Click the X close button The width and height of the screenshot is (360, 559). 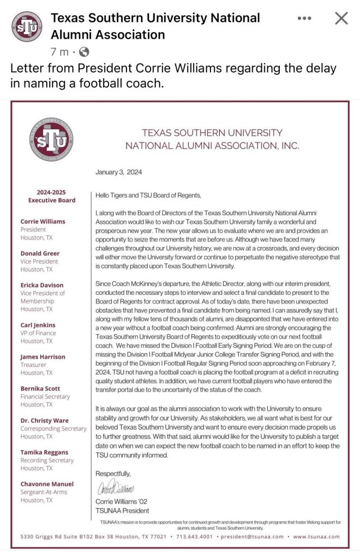click(341, 19)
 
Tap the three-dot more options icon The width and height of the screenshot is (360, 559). click(304, 19)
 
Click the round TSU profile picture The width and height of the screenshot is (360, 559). click(27, 27)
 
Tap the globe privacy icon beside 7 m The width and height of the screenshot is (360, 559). click(84, 52)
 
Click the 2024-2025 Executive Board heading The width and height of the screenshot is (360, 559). click(52, 196)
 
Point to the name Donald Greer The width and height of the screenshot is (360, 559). click(40, 253)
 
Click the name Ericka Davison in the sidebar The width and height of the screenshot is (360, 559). click(42, 285)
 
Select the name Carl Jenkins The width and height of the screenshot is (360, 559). click(38, 325)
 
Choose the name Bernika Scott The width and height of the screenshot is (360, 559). click(41, 389)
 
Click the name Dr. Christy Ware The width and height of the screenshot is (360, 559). click(45, 420)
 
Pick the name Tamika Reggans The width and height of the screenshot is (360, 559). click(45, 453)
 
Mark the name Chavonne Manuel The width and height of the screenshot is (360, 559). click(47, 484)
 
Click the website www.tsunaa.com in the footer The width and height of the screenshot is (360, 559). click(316, 537)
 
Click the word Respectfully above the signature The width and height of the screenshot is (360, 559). click(113, 473)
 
